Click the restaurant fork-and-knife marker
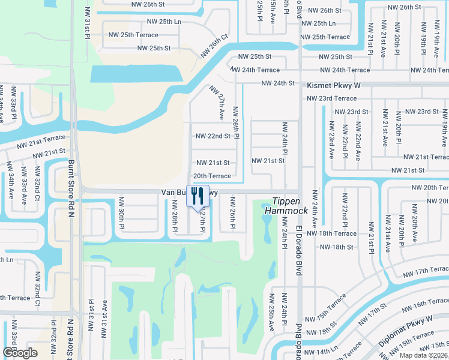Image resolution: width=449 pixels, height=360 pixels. coord(196,196)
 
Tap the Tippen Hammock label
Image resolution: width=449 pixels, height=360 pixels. coord(290,206)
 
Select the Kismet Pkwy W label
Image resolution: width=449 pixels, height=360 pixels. coord(334,86)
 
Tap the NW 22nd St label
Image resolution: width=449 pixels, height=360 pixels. coord(212,136)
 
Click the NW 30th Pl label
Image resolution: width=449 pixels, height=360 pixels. coord(122,209)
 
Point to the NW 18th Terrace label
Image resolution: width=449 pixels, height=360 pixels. coord(331,233)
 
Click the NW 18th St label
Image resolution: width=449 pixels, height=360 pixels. coord(337,247)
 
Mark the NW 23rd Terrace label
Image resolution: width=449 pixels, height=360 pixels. coord(337,98)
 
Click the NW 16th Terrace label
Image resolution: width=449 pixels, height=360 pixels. coord(421,305)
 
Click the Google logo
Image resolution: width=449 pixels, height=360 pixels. coord(20,352)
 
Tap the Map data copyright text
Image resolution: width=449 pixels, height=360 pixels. coord(421,355)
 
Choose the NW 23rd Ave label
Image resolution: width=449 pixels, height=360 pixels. coord(331,140)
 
